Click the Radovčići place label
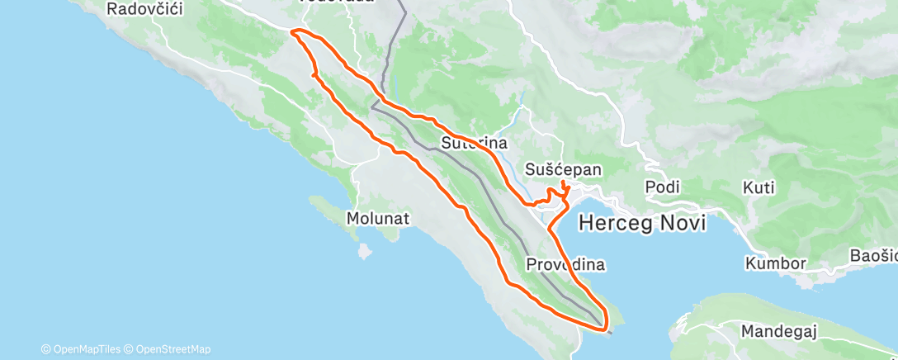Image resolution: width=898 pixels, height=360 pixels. point(144,8)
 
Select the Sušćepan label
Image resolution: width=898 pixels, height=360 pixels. point(564,169)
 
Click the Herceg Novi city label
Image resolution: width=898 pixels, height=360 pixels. point(642,222)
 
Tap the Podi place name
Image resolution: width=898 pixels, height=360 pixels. point(662,187)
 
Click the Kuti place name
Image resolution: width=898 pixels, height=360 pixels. point(759,187)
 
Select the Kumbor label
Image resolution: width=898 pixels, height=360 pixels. point(775,263)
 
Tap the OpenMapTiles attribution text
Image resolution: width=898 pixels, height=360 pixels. point(84,349)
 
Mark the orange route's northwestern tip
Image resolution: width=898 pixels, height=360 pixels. point(294,31)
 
